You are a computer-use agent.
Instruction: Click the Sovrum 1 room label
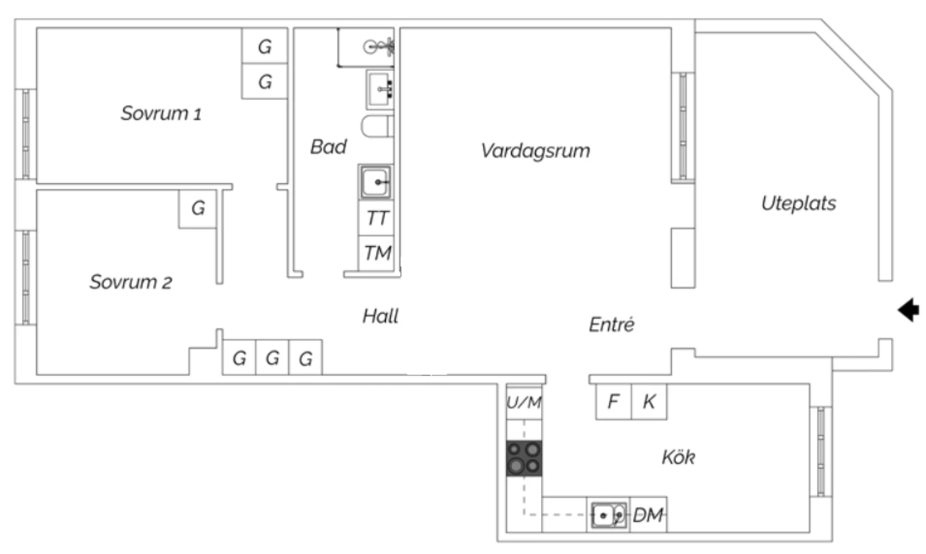coord(161,113)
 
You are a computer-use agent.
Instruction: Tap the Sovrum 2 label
coord(131,282)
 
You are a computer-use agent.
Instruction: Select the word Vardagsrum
coord(535,151)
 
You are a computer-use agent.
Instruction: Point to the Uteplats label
coord(799,203)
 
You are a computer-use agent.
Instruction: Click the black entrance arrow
coord(908,310)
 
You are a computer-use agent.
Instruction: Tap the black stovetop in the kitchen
coord(524,458)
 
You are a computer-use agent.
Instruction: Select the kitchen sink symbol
coord(609,515)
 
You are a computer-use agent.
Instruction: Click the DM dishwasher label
coord(648,515)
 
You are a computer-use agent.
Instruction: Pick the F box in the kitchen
coord(614,402)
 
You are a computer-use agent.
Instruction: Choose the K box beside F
coord(649,402)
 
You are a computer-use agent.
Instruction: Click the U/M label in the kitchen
coord(523,402)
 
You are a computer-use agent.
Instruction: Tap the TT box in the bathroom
coord(376,218)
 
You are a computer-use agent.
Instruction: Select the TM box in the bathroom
coord(376,253)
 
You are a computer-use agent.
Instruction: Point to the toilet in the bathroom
coord(377,126)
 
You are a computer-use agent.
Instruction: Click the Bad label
coord(328,147)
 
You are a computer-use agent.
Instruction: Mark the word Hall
coord(380,316)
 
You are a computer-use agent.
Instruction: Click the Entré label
coord(611,325)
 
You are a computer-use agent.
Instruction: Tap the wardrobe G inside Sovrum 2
coord(198,209)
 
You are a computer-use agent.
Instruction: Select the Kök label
coord(678,457)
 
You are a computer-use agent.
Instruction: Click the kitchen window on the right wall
coord(820,452)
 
